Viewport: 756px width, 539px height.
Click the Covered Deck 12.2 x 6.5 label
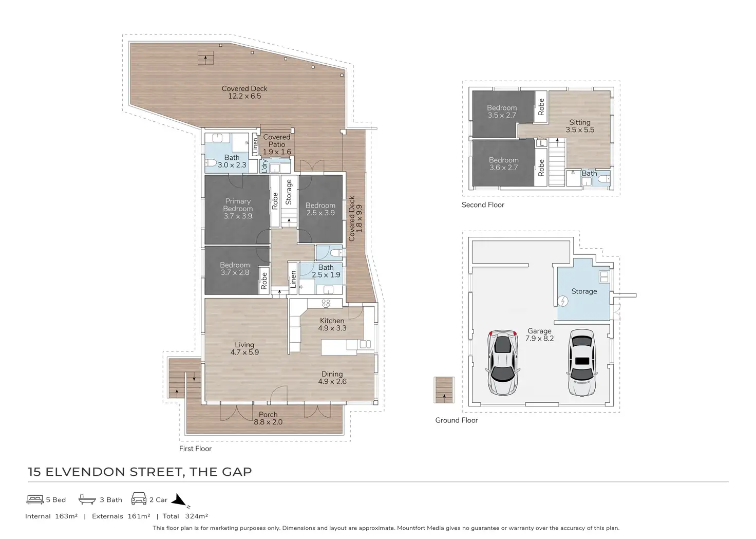(x=244, y=92)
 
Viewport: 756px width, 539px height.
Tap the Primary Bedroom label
(x=238, y=205)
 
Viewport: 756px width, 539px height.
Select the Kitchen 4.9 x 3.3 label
(x=332, y=324)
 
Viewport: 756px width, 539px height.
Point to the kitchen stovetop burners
(x=326, y=303)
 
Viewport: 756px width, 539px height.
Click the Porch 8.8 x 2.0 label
(x=268, y=418)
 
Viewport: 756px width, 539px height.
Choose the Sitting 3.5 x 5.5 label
(x=580, y=126)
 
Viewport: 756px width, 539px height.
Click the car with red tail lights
(x=503, y=362)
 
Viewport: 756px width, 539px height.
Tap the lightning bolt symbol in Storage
(x=562, y=301)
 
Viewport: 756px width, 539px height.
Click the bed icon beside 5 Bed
(x=35, y=499)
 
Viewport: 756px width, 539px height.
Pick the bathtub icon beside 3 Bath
(x=87, y=499)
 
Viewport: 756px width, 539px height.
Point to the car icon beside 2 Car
(x=139, y=498)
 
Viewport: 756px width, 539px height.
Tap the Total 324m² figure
(x=185, y=516)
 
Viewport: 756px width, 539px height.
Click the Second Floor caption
(x=483, y=205)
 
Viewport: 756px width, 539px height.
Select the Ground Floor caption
(x=457, y=420)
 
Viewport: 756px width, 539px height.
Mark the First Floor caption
(x=195, y=449)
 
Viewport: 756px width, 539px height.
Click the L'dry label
(x=265, y=166)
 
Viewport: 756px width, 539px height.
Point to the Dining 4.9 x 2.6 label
(x=332, y=378)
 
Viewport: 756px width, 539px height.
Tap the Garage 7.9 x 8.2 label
(x=539, y=334)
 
